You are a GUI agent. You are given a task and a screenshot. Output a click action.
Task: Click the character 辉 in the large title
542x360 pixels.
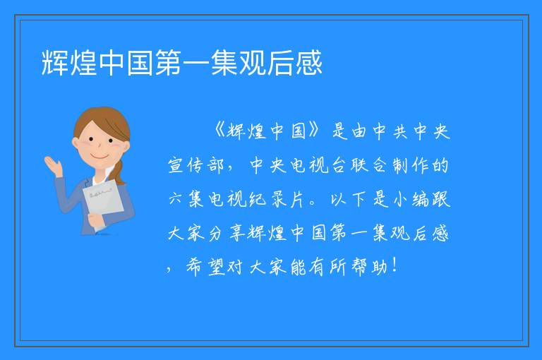pyautogui.click(x=54, y=63)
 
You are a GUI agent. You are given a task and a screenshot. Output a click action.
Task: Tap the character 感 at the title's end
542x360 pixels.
pyautogui.click(x=309, y=63)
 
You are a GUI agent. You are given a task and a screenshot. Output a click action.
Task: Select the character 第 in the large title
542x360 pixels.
pyautogui.click(x=168, y=63)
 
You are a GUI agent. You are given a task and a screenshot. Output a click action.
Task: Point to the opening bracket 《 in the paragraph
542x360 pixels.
pyautogui.click(x=219, y=131)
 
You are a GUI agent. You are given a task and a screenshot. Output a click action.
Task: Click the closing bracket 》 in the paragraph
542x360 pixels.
pyautogui.click(x=313, y=131)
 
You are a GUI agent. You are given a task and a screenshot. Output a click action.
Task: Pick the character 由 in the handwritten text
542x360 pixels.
pyautogui.click(x=359, y=131)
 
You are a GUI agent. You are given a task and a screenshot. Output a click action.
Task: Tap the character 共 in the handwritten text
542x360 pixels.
pyautogui.click(x=400, y=131)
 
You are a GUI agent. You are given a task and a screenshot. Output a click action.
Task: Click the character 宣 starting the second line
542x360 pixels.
pyautogui.click(x=175, y=165)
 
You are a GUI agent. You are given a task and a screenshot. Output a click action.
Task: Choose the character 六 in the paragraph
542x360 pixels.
pyautogui.click(x=175, y=200)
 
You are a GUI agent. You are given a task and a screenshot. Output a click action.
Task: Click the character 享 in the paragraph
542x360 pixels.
pyautogui.click(x=236, y=233)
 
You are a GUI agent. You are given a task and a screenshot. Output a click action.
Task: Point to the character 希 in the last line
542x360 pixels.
pyautogui.click(x=194, y=267)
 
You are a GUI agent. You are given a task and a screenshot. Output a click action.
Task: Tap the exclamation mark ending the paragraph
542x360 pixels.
pyautogui.click(x=395, y=265)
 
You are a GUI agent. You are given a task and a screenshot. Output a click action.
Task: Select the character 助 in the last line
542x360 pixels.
pyautogui.click(x=379, y=267)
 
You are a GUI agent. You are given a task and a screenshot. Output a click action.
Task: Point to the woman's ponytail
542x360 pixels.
pyautogui.click(x=119, y=172)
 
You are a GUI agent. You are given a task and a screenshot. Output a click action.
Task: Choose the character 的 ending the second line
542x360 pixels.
pyautogui.click(x=440, y=165)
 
